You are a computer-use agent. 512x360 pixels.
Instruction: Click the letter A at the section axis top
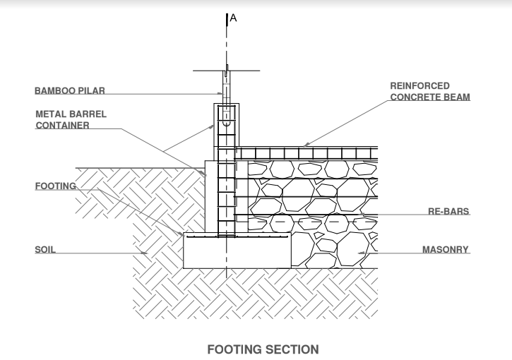(x=234, y=18)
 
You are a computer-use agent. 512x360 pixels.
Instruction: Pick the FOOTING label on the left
(x=55, y=186)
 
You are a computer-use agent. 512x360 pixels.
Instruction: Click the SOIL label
(x=45, y=250)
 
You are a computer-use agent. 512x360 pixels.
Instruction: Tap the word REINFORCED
(x=419, y=85)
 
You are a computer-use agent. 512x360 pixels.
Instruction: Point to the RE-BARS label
(x=450, y=211)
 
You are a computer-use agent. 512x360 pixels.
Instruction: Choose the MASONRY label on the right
(x=446, y=250)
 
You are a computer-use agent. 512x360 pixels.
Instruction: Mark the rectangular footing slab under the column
(x=237, y=251)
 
